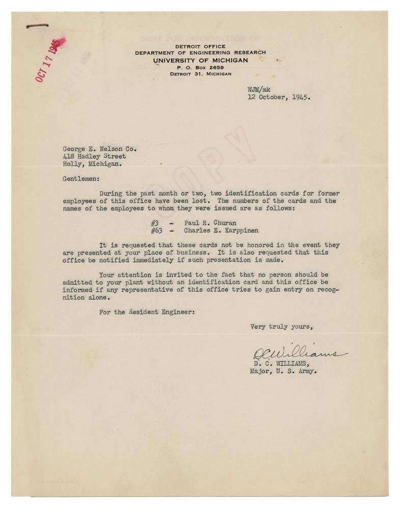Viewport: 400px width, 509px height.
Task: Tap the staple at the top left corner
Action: click(38, 25)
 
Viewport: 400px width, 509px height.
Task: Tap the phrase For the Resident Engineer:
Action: click(147, 312)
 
